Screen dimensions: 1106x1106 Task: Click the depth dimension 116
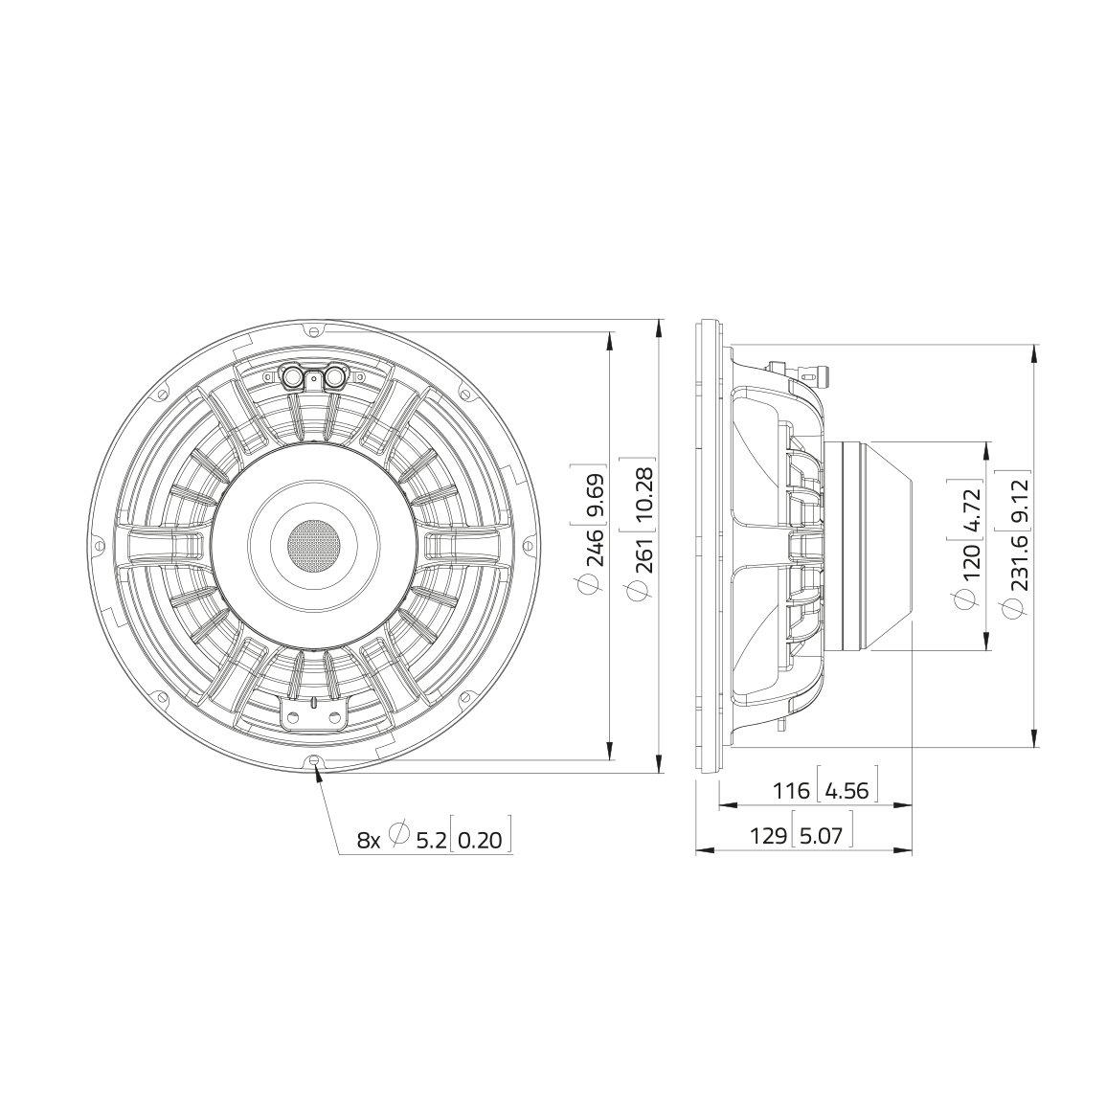790,791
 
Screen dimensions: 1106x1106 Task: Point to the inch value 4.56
846,791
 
